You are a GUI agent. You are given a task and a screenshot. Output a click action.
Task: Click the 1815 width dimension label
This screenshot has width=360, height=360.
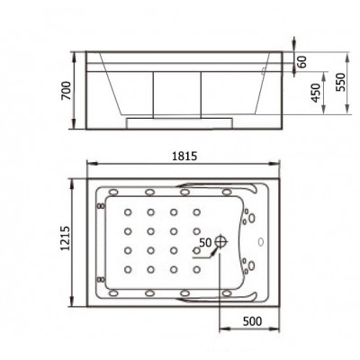pyautogui.click(x=184, y=157)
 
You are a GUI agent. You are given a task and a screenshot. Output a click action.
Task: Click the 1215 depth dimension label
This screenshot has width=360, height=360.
pyautogui.click(x=65, y=238)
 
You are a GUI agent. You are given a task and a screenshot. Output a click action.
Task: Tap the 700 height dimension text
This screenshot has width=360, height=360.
pyautogui.click(x=67, y=91)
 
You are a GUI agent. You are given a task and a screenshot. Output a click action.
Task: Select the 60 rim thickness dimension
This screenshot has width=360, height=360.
pyautogui.click(x=302, y=62)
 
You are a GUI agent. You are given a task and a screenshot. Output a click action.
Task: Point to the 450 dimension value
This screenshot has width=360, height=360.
pyautogui.click(x=316, y=93)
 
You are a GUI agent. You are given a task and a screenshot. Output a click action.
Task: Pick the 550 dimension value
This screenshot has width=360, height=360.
pyautogui.click(x=341, y=83)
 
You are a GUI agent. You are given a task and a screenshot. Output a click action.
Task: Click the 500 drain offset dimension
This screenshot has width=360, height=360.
pyautogui.click(x=252, y=321)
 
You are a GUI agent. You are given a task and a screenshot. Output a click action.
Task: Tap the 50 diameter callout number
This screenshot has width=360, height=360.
pyautogui.click(x=206, y=242)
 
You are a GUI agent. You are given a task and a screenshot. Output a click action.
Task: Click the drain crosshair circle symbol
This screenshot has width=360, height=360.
pyautogui.click(x=221, y=240)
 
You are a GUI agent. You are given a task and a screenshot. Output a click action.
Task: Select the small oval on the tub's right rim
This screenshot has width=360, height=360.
pyautogui.click(x=260, y=241)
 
